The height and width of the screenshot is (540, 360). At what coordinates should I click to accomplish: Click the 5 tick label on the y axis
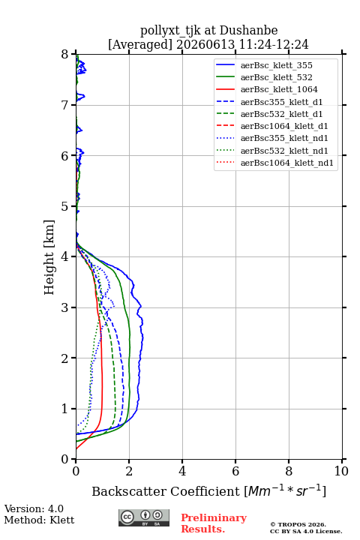(65, 206)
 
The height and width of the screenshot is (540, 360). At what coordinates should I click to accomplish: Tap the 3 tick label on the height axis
(65, 307)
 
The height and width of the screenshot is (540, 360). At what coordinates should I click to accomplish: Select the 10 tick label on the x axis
(341, 471)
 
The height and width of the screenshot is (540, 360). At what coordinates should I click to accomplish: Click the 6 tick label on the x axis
(235, 471)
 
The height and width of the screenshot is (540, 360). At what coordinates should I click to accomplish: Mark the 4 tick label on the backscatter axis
(182, 471)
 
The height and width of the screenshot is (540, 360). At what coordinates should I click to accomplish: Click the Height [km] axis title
(49, 257)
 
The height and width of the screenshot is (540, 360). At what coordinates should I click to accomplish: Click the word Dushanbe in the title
(249, 30)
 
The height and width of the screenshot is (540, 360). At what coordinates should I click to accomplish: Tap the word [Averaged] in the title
(140, 44)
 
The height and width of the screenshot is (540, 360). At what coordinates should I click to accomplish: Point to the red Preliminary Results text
(214, 523)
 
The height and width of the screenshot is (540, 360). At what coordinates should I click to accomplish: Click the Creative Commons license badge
(144, 517)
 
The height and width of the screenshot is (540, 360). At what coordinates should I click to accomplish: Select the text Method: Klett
(39, 520)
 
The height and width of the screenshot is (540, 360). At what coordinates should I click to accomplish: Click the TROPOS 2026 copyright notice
(298, 524)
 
